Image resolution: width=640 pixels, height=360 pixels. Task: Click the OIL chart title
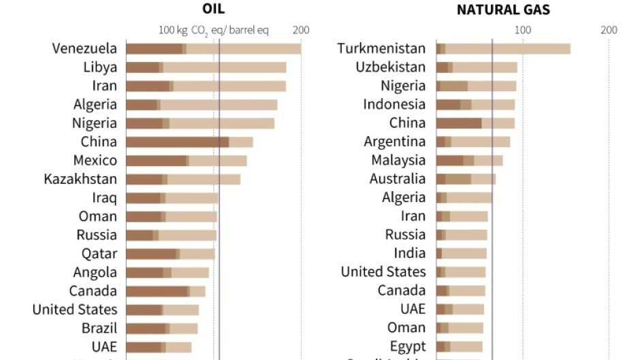[x=214, y=10]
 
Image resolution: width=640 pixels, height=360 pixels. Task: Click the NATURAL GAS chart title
[x=503, y=10]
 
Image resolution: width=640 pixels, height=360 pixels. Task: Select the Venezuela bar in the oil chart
[x=214, y=48]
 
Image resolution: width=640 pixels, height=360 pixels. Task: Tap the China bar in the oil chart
[x=189, y=142]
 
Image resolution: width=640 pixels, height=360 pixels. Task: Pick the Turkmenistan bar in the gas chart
[x=503, y=48]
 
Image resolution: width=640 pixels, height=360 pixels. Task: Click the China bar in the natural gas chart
[x=475, y=123]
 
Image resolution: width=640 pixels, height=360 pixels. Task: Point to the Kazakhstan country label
[x=80, y=179]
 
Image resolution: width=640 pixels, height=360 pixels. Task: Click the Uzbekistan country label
[x=390, y=67]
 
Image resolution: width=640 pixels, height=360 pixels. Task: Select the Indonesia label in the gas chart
[x=394, y=104]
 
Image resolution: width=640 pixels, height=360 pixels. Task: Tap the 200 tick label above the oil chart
[x=301, y=30]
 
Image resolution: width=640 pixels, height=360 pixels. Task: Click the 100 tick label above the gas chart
[x=522, y=30]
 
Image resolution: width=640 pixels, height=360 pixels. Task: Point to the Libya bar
[x=206, y=67]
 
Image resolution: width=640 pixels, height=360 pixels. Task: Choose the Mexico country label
[x=95, y=161]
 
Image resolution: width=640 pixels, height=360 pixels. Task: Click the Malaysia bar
[x=469, y=161]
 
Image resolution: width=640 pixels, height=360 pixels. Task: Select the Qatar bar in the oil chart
[x=170, y=254]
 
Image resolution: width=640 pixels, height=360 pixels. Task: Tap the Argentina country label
[x=395, y=142]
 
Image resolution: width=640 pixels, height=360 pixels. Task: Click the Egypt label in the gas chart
[x=408, y=346]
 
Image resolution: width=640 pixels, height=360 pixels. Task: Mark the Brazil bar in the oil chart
[x=162, y=328]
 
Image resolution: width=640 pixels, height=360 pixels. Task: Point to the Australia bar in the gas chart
[x=466, y=179]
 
